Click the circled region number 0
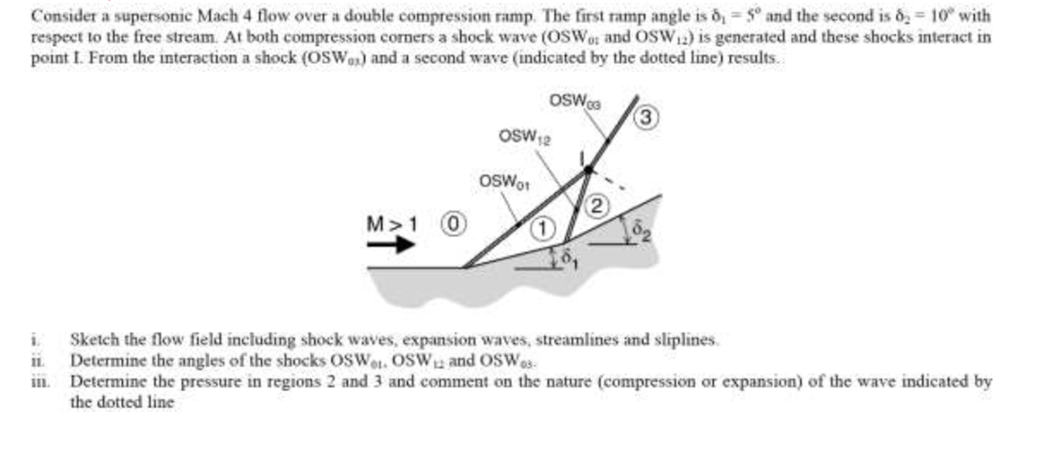click(x=453, y=224)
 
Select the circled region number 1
click(x=542, y=229)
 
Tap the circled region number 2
click(x=597, y=206)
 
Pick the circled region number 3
click(x=646, y=117)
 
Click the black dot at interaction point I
click(x=588, y=170)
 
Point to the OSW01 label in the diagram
click(x=504, y=182)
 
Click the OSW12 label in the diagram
click(x=524, y=137)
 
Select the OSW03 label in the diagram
click(x=575, y=101)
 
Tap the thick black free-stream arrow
click(x=391, y=245)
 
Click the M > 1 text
click(x=392, y=224)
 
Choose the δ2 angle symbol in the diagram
click(x=641, y=230)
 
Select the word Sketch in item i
click(x=95, y=339)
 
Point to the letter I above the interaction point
click(x=582, y=158)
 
